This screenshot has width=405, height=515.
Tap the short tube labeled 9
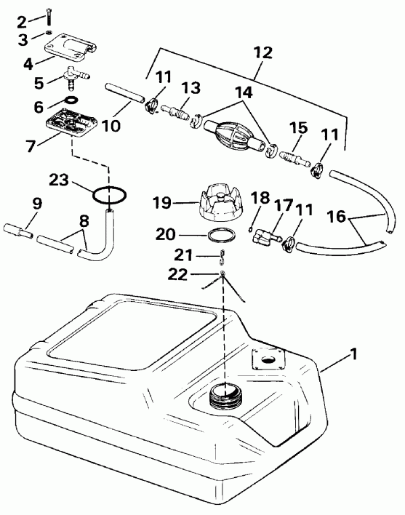[20, 233]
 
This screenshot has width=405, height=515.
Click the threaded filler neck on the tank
[225, 396]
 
